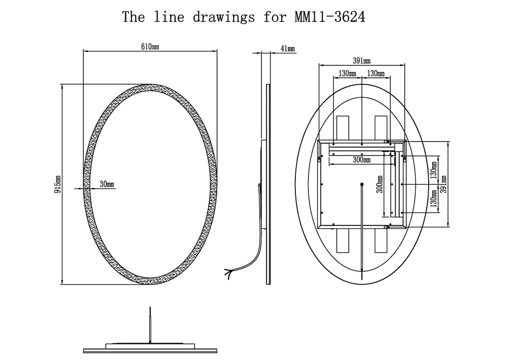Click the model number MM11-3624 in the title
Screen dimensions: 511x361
[330, 17]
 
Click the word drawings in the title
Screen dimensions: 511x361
[224, 17]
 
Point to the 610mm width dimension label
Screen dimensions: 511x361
[150, 47]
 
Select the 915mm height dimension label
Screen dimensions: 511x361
[57, 184]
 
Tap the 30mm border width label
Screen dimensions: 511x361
[107, 184]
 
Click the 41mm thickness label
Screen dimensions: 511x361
[288, 48]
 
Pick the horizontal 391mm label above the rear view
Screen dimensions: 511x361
[362, 60]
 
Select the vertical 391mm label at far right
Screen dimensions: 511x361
[443, 184]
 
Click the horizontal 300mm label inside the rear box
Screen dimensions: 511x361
[362, 160]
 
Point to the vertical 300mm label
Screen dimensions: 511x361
[380, 184]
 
